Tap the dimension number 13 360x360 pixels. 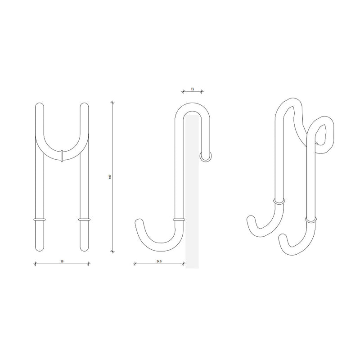tap(193, 90)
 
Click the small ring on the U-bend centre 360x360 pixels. tap(62, 155)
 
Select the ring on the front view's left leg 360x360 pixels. tap(39, 220)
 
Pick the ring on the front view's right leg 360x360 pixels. tap(84, 220)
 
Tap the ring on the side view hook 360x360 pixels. tap(179, 220)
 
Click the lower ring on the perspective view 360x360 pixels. tap(310, 220)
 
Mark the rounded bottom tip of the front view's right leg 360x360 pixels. tap(84, 249)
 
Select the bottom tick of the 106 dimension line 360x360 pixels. tap(112, 251)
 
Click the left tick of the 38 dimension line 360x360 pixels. tap(35, 264)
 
